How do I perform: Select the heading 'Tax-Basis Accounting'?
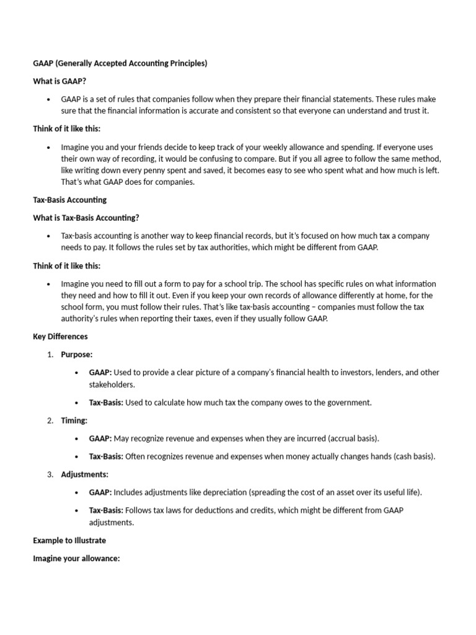click(69, 200)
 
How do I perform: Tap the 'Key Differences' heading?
click(60, 337)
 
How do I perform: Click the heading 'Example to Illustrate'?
click(69, 541)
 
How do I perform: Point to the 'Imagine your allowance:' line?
click(76, 559)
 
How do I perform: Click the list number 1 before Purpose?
click(50, 355)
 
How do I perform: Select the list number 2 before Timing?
click(50, 420)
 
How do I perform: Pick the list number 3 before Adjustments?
click(50, 474)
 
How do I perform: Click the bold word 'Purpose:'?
click(77, 355)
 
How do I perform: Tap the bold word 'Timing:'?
click(74, 420)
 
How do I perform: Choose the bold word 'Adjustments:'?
click(85, 474)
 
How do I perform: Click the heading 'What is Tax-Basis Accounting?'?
click(86, 218)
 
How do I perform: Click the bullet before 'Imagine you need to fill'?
click(48, 284)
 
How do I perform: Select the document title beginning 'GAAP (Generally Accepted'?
click(120, 63)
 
